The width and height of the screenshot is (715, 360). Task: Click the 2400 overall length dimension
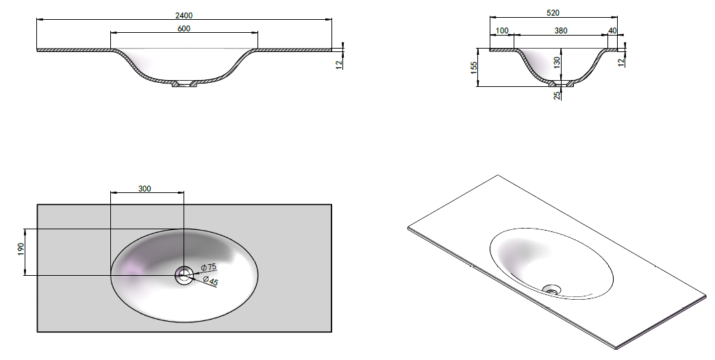184,16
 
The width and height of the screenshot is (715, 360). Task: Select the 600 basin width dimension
184,29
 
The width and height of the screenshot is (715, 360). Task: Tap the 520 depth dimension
553,13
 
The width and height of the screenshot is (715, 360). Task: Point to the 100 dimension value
501,31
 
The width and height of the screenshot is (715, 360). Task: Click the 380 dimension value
561,31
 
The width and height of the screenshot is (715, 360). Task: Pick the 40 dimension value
612,31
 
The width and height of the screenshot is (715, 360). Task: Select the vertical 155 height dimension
473,68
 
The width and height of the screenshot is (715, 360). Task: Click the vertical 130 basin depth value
557,62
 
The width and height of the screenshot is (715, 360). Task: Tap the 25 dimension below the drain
557,96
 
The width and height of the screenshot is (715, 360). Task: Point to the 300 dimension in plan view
144,189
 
